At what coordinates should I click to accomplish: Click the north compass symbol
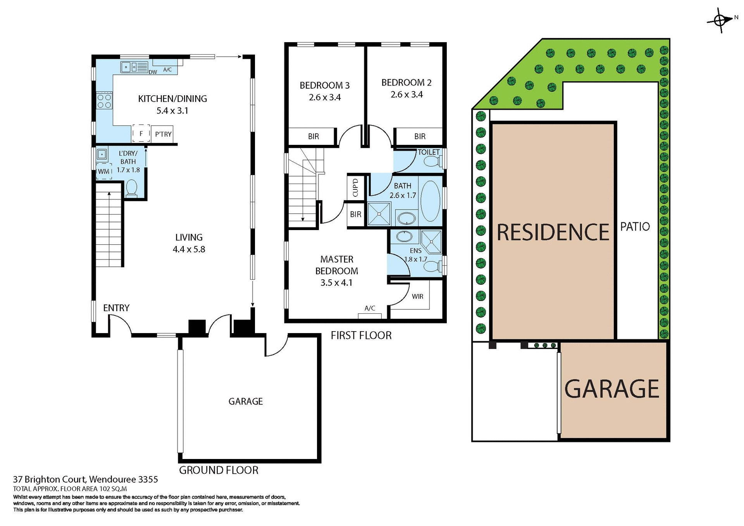(x=720, y=20)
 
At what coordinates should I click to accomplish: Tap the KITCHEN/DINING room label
(x=172, y=99)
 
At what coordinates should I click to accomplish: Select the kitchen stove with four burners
(x=104, y=101)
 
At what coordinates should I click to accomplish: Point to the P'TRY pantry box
(x=162, y=134)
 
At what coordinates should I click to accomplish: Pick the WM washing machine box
(x=104, y=171)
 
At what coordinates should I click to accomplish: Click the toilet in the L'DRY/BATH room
(x=132, y=189)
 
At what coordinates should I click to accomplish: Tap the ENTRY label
(x=116, y=308)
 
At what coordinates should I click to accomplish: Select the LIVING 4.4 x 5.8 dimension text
(x=189, y=249)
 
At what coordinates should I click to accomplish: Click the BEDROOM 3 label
(x=324, y=85)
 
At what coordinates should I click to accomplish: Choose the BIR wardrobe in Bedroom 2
(x=419, y=136)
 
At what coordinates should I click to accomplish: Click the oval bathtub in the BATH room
(x=430, y=201)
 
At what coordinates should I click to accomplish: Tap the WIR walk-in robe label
(x=417, y=297)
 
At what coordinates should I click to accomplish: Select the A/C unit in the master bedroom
(x=370, y=315)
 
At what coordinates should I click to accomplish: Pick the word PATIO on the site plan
(x=635, y=227)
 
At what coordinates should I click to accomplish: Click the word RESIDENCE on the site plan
(x=553, y=232)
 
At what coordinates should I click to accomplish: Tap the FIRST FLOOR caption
(x=361, y=335)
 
